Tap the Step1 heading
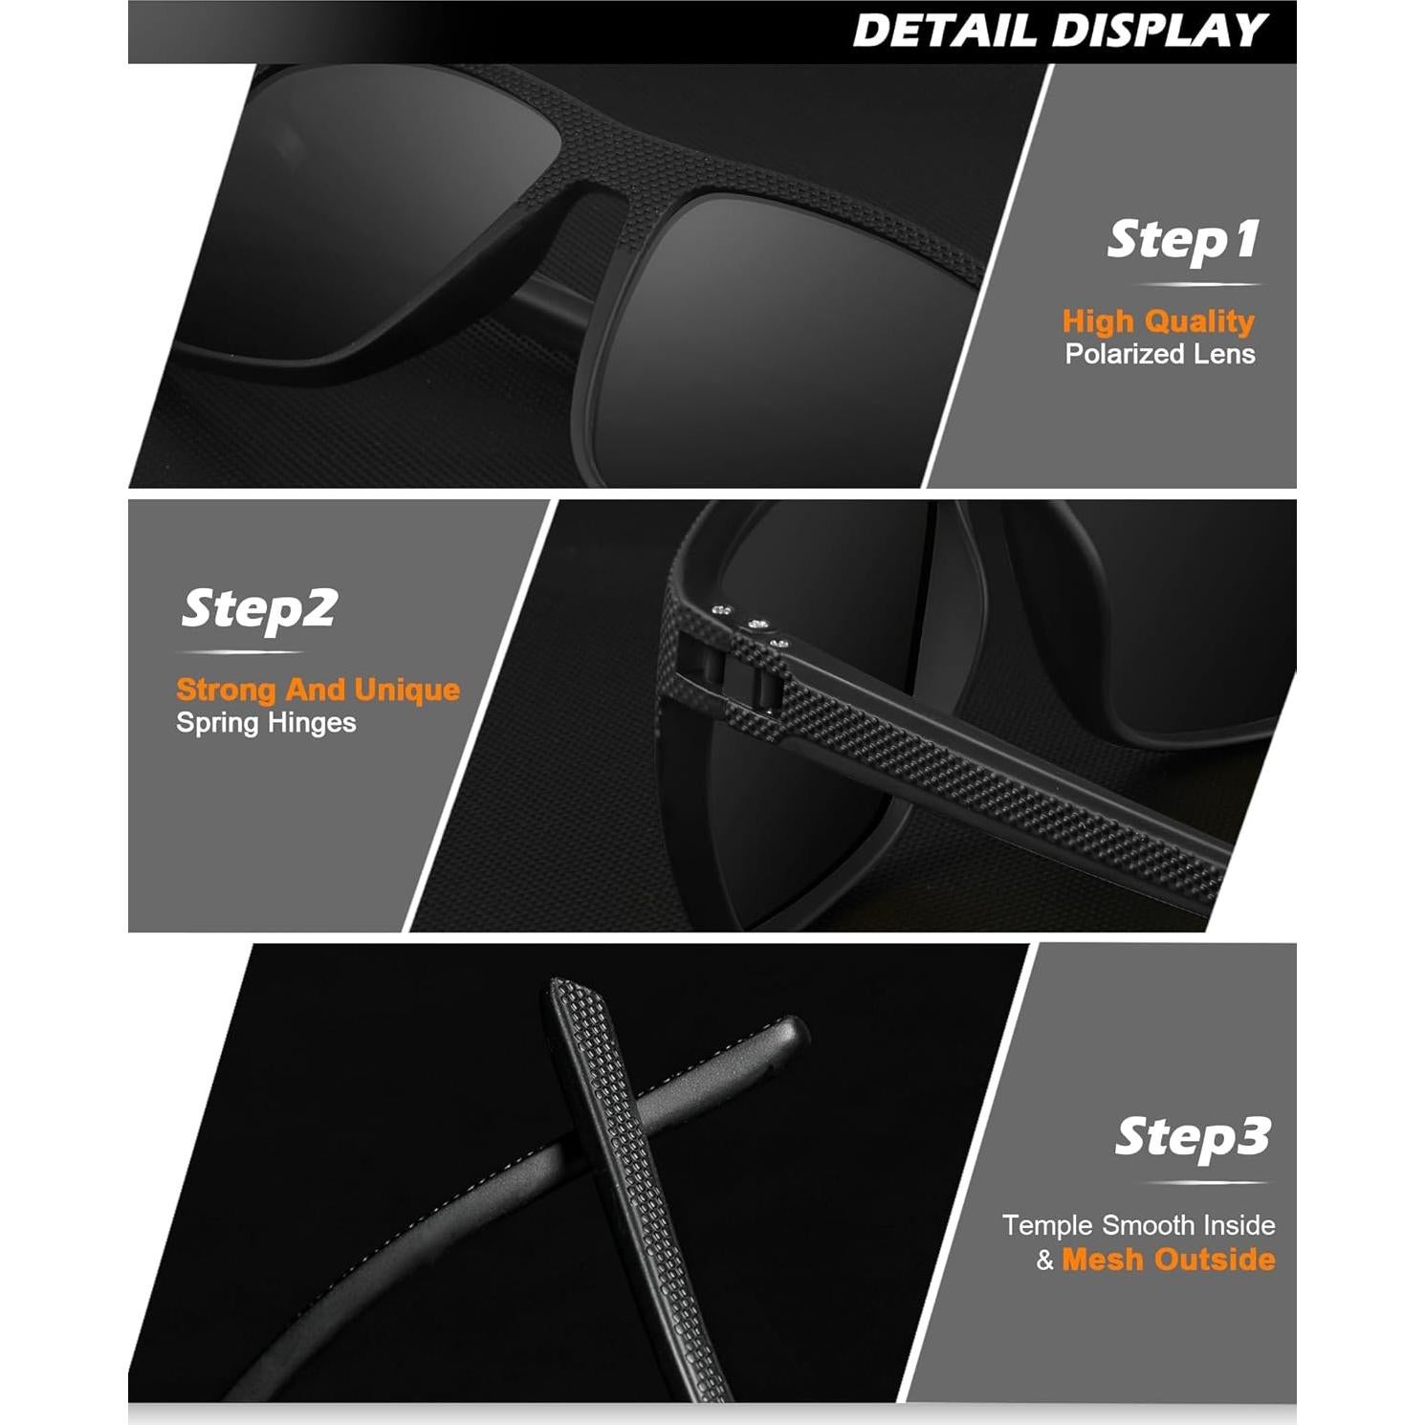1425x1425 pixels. (x=1183, y=240)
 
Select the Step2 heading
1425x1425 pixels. (x=259, y=609)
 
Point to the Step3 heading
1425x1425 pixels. (x=1193, y=1137)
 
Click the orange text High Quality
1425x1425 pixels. (x=1158, y=321)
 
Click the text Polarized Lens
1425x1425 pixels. (x=1160, y=355)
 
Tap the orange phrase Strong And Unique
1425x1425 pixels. (x=318, y=690)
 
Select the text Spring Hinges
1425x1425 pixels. (x=266, y=723)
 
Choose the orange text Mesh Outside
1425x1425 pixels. (x=1169, y=1260)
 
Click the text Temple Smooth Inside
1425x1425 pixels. (x=1138, y=1225)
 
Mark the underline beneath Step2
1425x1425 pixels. (x=240, y=653)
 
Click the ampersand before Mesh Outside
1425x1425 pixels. (x=1044, y=1261)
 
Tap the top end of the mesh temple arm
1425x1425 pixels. (x=564, y=990)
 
